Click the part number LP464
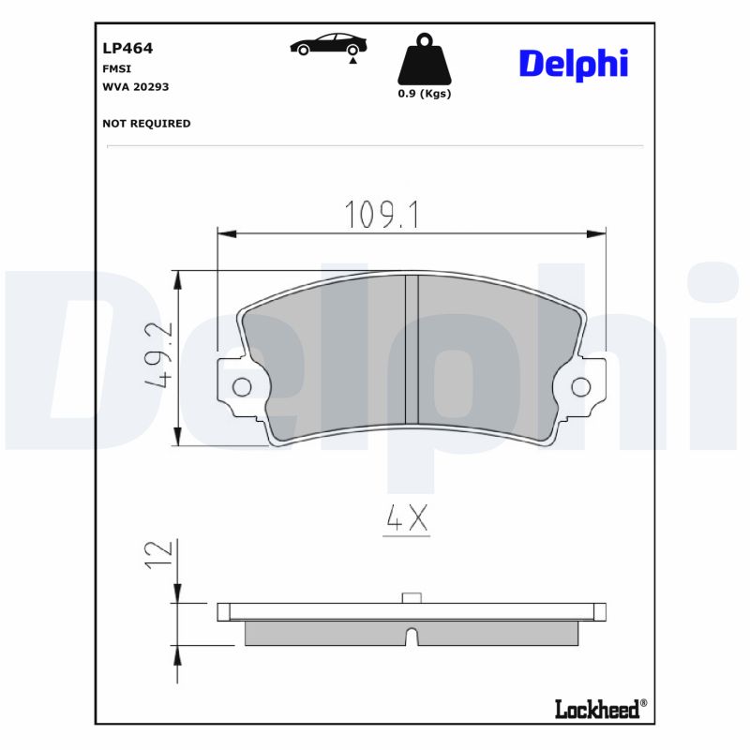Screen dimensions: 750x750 pos(127,48)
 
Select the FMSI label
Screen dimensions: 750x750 pos(115,68)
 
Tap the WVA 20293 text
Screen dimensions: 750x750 pos(134,86)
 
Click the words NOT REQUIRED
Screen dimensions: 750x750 pos(145,123)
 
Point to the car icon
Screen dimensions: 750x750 pos(328,44)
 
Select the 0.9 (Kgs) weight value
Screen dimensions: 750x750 pos(425,94)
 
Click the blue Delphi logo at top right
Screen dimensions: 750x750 pos(573,64)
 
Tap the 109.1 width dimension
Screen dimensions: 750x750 pos(382,215)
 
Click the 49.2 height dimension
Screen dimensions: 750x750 pos(157,356)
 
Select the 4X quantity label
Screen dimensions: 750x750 pos(407,518)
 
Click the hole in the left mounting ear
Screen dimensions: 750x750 pos(241,386)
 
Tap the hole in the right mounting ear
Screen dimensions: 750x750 pos(580,386)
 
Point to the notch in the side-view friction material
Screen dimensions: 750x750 pos(411,636)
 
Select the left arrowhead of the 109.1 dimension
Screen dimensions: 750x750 pos(225,232)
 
